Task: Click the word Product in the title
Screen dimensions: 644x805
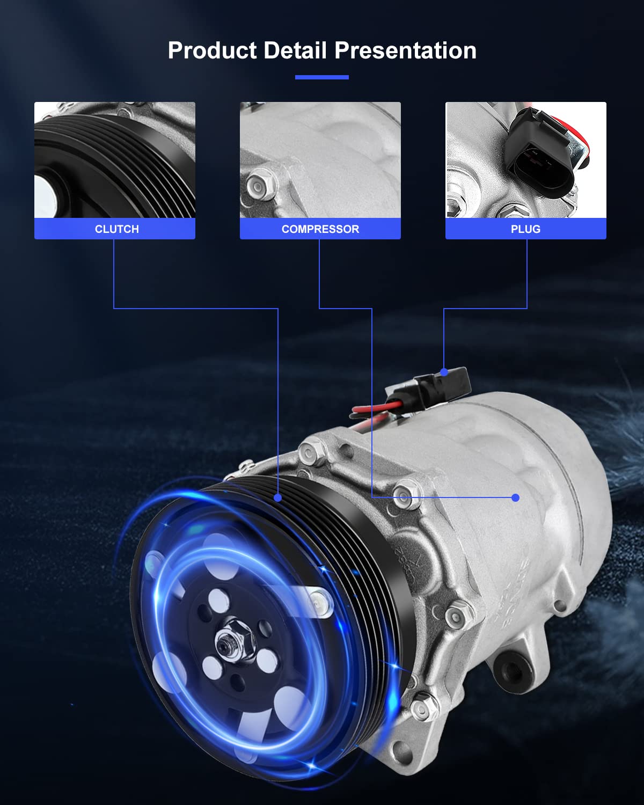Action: [212, 50]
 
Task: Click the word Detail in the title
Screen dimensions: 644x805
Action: [295, 50]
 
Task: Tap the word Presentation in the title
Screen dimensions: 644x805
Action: [405, 50]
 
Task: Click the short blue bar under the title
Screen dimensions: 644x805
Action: [322, 77]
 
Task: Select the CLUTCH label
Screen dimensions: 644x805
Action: [117, 229]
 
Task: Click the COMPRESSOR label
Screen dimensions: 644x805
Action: [320, 229]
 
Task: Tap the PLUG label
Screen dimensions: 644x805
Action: [526, 229]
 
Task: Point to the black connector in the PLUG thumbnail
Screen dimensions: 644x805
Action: [537, 150]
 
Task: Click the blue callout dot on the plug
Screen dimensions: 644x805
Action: [444, 372]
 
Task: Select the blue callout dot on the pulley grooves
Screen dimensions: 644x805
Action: [277, 497]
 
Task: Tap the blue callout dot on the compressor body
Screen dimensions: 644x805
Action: [515, 497]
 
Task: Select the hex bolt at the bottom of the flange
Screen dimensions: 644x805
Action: [423, 706]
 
